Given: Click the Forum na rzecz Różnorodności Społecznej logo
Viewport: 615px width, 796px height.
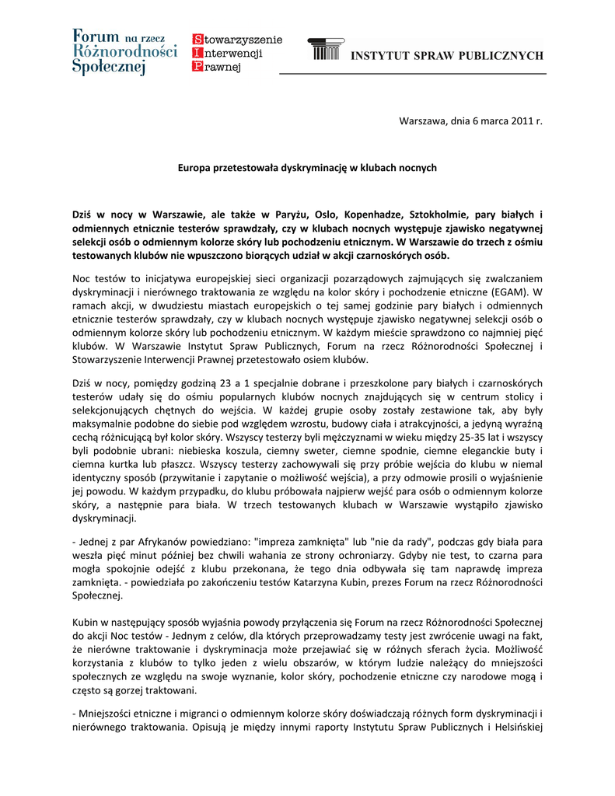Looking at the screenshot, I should click(x=124, y=52).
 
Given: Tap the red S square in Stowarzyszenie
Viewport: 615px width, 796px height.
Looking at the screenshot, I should click(x=197, y=40).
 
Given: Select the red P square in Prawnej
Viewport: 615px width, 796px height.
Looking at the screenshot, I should click(x=197, y=68).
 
